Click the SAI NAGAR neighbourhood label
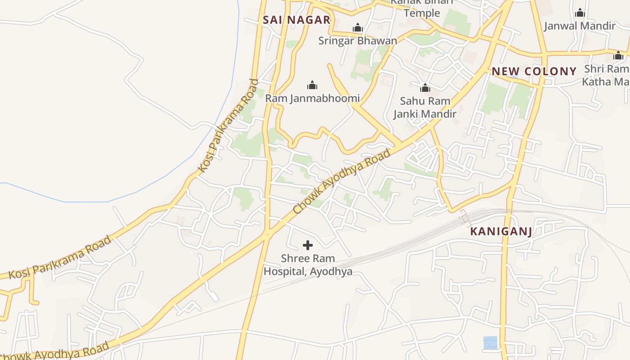pyautogui.click(x=297, y=20)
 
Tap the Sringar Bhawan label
pyautogui.click(x=358, y=41)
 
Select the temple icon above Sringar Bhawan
pyautogui.click(x=358, y=28)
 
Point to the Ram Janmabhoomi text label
pyautogui.click(x=312, y=98)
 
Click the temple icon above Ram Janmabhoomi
pyautogui.click(x=312, y=85)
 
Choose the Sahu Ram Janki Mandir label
pyautogui.click(x=425, y=108)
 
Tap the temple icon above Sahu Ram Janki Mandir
pyautogui.click(x=425, y=87)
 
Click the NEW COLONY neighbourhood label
pyautogui.click(x=534, y=71)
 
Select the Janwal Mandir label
pyautogui.click(x=580, y=26)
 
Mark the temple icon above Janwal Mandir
pyautogui.click(x=580, y=13)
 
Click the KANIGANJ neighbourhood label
pyautogui.click(x=501, y=232)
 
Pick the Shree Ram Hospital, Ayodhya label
pyautogui.click(x=308, y=265)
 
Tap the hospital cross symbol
pyautogui.click(x=308, y=245)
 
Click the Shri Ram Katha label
pyautogui.click(x=606, y=75)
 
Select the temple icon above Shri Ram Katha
pyautogui.click(x=618, y=55)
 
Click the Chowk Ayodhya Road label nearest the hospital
pyautogui.click(x=342, y=181)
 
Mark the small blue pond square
pyautogui.click(x=490, y=342)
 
